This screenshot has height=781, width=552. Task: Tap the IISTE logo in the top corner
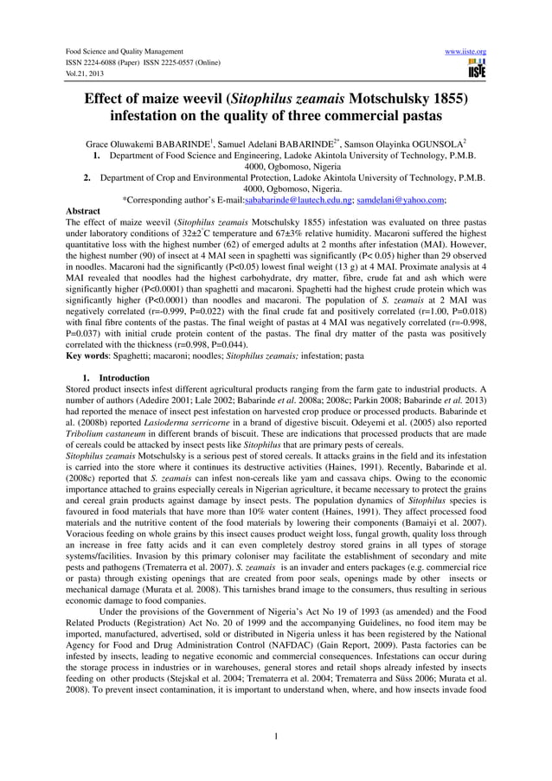[x=476, y=68]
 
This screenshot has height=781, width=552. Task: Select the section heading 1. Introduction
[x=124, y=378]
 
